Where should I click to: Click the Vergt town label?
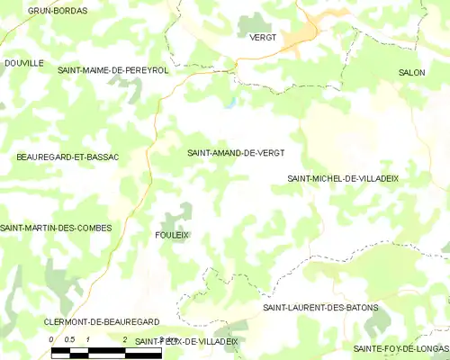pyautogui.click(x=263, y=37)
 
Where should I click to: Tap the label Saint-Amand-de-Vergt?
pyautogui.click(x=236, y=153)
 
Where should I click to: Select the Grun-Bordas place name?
pyautogui.click(x=58, y=11)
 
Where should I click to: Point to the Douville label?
pyautogui.click(x=24, y=63)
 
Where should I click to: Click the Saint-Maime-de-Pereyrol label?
pyautogui.click(x=113, y=69)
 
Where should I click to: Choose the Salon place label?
pyautogui.click(x=412, y=71)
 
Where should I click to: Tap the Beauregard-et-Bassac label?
pyautogui.click(x=68, y=157)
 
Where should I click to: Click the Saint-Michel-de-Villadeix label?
pyautogui.click(x=343, y=178)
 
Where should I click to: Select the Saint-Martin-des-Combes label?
pyautogui.click(x=56, y=228)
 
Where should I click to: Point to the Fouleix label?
pyautogui.click(x=172, y=234)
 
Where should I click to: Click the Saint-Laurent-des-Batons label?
pyautogui.click(x=320, y=308)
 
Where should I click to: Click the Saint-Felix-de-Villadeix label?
pyautogui.click(x=186, y=342)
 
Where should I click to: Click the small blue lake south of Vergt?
pyautogui.click(x=231, y=102)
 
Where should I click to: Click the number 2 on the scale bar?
pyautogui.click(x=124, y=339)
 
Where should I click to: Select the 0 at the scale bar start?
pyautogui.click(x=52, y=339)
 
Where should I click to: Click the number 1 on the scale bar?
pyautogui.click(x=87, y=339)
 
